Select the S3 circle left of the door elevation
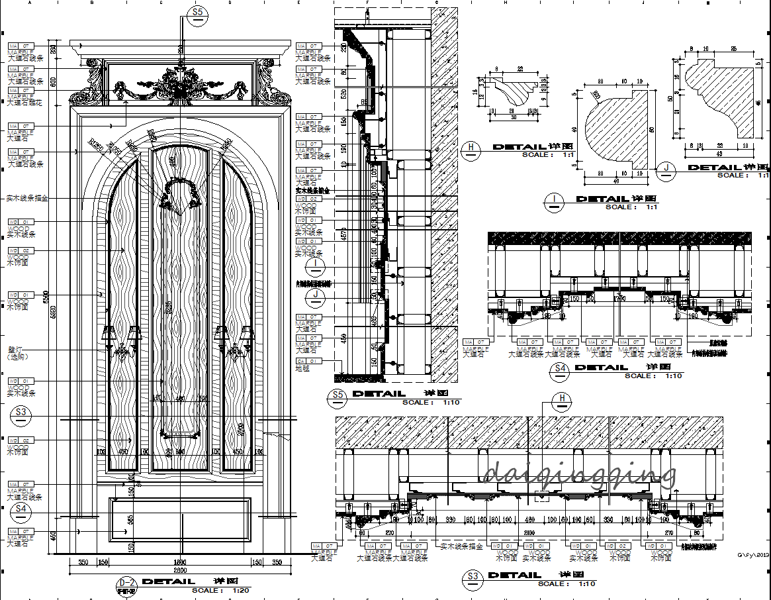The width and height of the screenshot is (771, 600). click(x=22, y=413)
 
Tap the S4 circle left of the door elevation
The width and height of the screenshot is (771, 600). click(x=22, y=509)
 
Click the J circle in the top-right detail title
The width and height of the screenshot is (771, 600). click(x=666, y=171)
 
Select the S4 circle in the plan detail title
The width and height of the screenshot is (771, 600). click(x=560, y=371)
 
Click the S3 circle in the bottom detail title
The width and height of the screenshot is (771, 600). click(x=473, y=579)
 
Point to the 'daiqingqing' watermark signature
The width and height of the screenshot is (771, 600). click(x=580, y=473)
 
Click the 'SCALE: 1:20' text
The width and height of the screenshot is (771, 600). click(x=221, y=590)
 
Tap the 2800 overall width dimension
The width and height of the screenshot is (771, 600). click(x=180, y=570)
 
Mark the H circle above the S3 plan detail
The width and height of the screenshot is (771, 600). click(x=563, y=398)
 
